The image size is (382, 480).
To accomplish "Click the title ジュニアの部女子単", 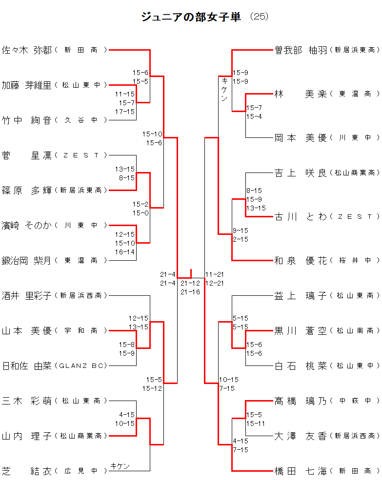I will (191, 17).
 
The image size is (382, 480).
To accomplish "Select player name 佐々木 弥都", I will (27, 50).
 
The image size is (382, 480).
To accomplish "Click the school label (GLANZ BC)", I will (81, 365).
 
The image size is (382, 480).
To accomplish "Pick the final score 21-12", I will (190, 283).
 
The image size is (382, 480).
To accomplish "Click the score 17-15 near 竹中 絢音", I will (125, 112).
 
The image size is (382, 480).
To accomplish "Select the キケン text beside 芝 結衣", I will (121, 466).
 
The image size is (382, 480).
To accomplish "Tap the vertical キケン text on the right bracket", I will (224, 89).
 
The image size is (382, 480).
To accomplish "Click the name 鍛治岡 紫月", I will (27, 260).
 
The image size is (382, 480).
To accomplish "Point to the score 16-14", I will (125, 252).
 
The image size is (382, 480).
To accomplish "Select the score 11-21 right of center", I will (215, 274).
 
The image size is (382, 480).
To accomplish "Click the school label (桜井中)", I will (355, 261).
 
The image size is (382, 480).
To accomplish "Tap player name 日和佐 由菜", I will (27, 365).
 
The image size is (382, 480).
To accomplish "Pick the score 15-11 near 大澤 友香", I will (256, 423).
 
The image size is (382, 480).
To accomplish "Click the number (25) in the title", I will (259, 17).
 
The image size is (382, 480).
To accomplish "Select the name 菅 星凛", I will (27, 155).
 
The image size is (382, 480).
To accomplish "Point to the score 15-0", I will (141, 212).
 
